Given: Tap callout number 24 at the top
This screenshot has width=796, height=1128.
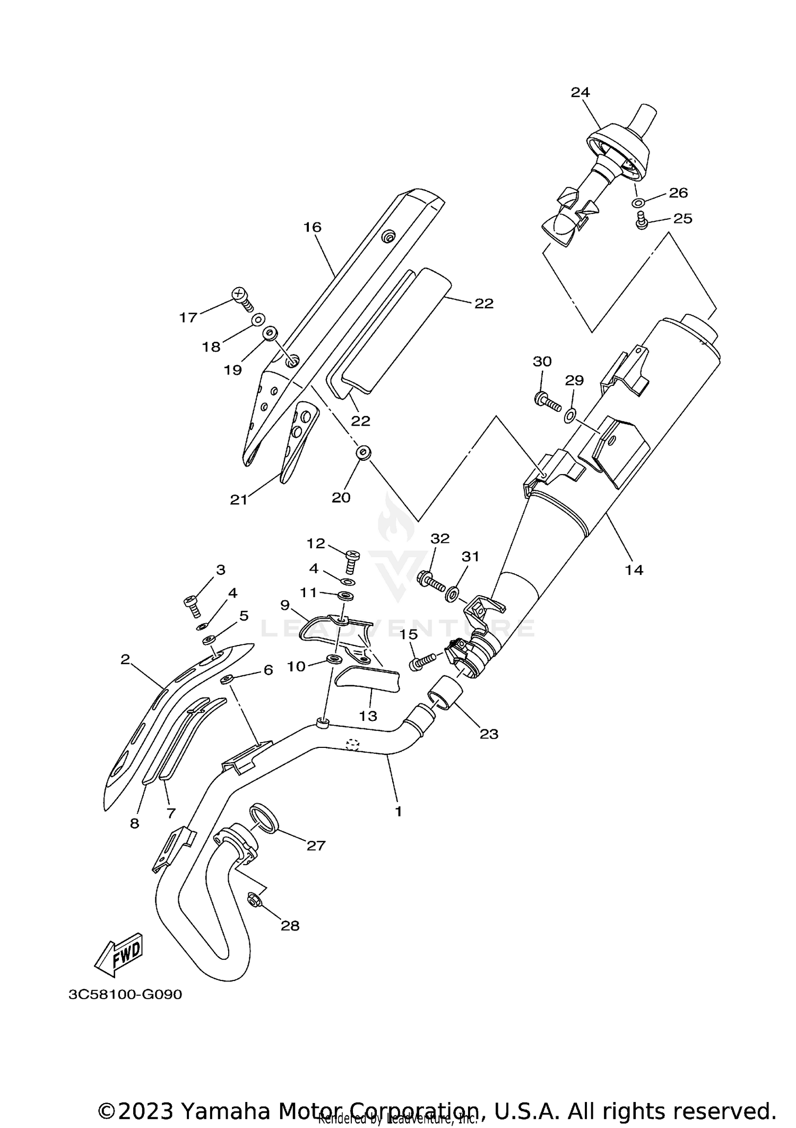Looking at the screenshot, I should [580, 92].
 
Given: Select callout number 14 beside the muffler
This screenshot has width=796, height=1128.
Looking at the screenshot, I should [634, 570].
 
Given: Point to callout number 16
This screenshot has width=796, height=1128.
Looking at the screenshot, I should [313, 227].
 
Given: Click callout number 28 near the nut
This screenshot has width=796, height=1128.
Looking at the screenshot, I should [290, 926].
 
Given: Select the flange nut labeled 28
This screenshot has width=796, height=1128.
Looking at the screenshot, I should [253, 898].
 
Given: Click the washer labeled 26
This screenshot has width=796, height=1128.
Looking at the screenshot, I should [638, 203].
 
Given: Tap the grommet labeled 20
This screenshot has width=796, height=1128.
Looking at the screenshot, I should [363, 453].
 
